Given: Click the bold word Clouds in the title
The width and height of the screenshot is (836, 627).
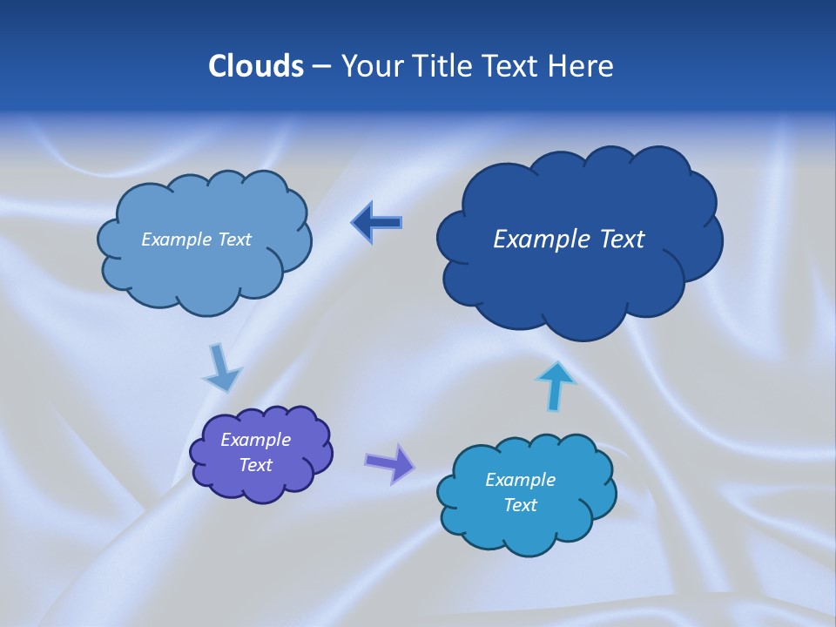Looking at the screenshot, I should coord(256,66).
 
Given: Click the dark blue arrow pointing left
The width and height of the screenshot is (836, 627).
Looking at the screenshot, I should coord(376,223).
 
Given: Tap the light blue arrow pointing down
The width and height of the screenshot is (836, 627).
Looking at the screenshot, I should coord(221,369).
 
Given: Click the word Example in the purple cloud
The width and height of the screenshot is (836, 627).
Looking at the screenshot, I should coord(255,440).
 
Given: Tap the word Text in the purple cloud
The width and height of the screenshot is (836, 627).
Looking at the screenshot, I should coord(255,465).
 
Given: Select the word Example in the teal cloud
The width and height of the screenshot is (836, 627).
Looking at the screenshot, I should coord(520,480).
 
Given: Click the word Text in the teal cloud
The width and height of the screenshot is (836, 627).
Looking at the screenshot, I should coord(520,505).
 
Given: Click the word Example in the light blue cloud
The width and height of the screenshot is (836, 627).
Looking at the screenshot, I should coord(177,239).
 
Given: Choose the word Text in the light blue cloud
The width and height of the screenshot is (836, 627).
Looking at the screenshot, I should coord(233,239).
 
